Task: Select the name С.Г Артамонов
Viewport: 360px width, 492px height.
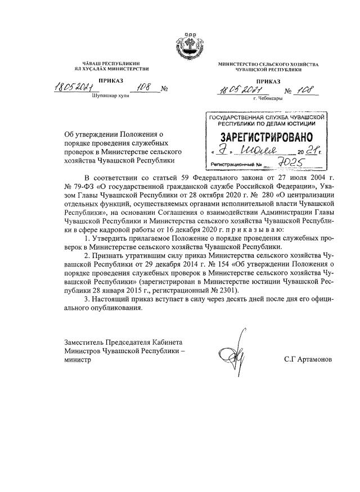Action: pyautogui.click(x=308, y=358)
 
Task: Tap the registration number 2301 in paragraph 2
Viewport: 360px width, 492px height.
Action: pyautogui.click(x=228, y=290)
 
